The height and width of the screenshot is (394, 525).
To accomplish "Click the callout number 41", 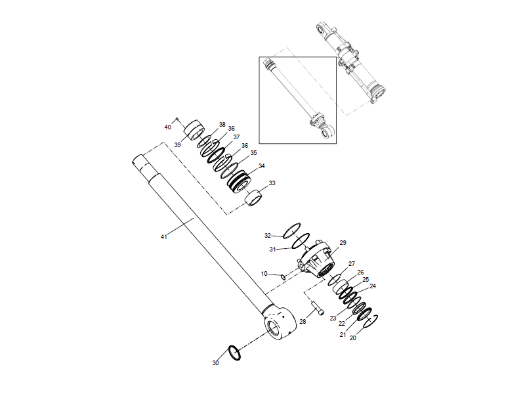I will coord(164,236).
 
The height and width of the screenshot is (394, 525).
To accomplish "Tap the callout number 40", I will coord(167,127).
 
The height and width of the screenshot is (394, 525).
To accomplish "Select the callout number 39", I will coord(177,144).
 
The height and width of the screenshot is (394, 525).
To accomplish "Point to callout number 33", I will coord(272,183).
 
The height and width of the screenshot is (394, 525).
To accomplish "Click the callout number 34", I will coord(262,166).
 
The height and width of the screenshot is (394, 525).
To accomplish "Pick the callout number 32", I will coord(268,235).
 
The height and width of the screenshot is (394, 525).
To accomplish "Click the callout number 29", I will coord(342,243).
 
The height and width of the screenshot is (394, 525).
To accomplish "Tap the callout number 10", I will coord(264,273).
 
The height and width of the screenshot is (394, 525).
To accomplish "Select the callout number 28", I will coord(303,322).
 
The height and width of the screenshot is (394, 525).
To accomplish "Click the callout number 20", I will coord(352,339).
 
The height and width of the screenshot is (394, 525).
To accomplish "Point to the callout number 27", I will coord(352,263).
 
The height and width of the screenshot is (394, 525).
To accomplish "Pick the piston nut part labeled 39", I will coord(194,130).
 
